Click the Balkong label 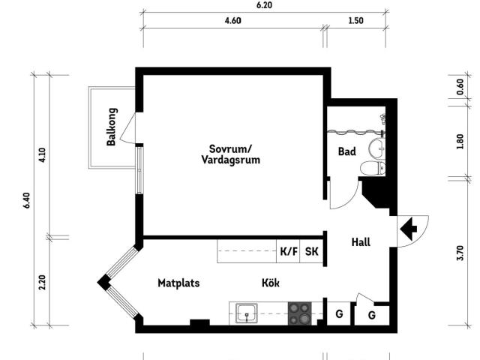112,127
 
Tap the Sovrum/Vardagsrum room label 231,154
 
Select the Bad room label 347,151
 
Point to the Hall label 361,242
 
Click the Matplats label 178,283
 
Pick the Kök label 271,283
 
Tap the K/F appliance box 288,251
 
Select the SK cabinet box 312,251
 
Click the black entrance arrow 408,229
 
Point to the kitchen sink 247,313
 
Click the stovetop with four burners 300,313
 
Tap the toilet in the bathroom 373,168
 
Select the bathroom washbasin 376,148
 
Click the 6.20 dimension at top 265,5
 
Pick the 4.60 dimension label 233,20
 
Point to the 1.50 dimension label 356,20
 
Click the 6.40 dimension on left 27,200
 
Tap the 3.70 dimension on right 460,253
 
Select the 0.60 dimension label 460,87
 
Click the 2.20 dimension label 42,282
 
